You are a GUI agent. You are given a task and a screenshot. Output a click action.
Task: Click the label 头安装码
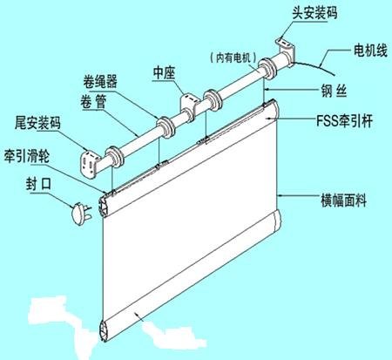pos(314,13)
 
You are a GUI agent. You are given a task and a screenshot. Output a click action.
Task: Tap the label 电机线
pos(370,51)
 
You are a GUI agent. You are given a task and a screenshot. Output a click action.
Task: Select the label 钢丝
pos(334,91)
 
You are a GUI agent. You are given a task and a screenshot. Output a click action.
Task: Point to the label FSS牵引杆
pos(344,120)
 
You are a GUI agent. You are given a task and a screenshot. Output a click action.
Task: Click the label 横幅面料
pos(343,200)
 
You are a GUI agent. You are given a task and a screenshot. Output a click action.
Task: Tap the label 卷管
pos(93,102)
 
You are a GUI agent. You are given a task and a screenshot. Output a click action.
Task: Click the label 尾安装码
pos(37,123)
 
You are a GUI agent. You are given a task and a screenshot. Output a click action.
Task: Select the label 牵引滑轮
pos(27,156)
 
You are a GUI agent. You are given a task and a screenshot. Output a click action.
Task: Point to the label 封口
pos(38,184)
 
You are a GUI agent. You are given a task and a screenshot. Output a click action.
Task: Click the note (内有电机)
pos(233,58)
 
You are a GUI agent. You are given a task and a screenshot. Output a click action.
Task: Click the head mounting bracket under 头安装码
pos(286,51)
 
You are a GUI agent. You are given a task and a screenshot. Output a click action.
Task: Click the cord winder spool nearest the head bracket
pos(267,69)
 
